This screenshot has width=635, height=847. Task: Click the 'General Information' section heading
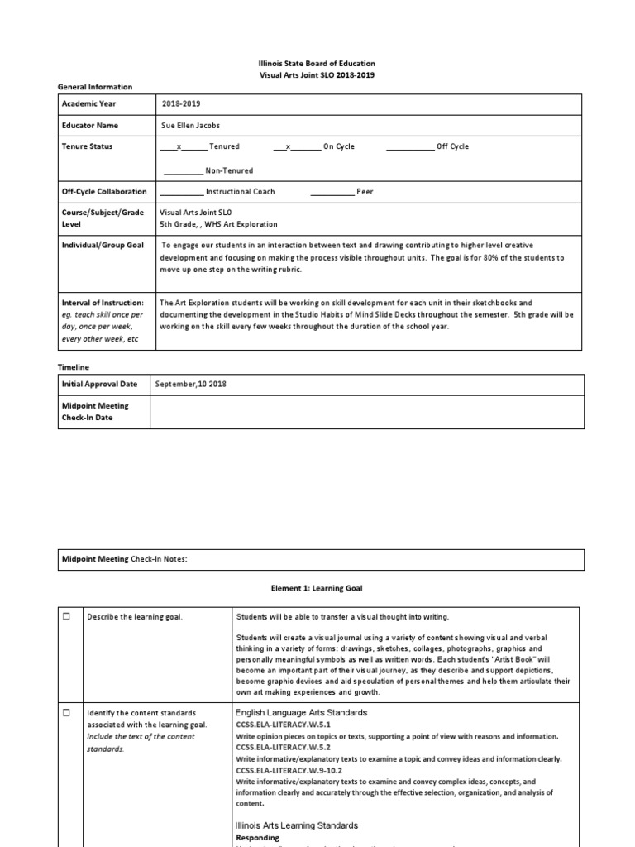pyautogui.click(x=94, y=87)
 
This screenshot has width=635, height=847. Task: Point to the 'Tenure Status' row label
pyautogui.click(x=88, y=146)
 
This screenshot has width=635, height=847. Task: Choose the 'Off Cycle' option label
pyautogui.click(x=452, y=146)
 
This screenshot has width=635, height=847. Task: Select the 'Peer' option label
pyautogui.click(x=365, y=191)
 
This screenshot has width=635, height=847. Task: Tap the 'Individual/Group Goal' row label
pyautogui.click(x=103, y=246)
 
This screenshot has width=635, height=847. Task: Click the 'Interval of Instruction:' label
pyautogui.click(x=103, y=304)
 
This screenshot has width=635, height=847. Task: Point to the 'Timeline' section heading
pyautogui.click(x=74, y=366)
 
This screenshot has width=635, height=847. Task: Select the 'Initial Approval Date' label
pyautogui.click(x=99, y=385)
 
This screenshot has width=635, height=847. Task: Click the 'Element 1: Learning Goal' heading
pyautogui.click(x=317, y=588)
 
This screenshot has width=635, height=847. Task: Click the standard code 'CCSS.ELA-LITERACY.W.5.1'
pyautogui.click(x=284, y=725)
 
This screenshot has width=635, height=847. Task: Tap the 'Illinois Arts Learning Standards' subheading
pyautogui.click(x=297, y=825)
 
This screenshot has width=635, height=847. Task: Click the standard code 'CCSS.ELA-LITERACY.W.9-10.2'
pyautogui.click(x=289, y=770)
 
